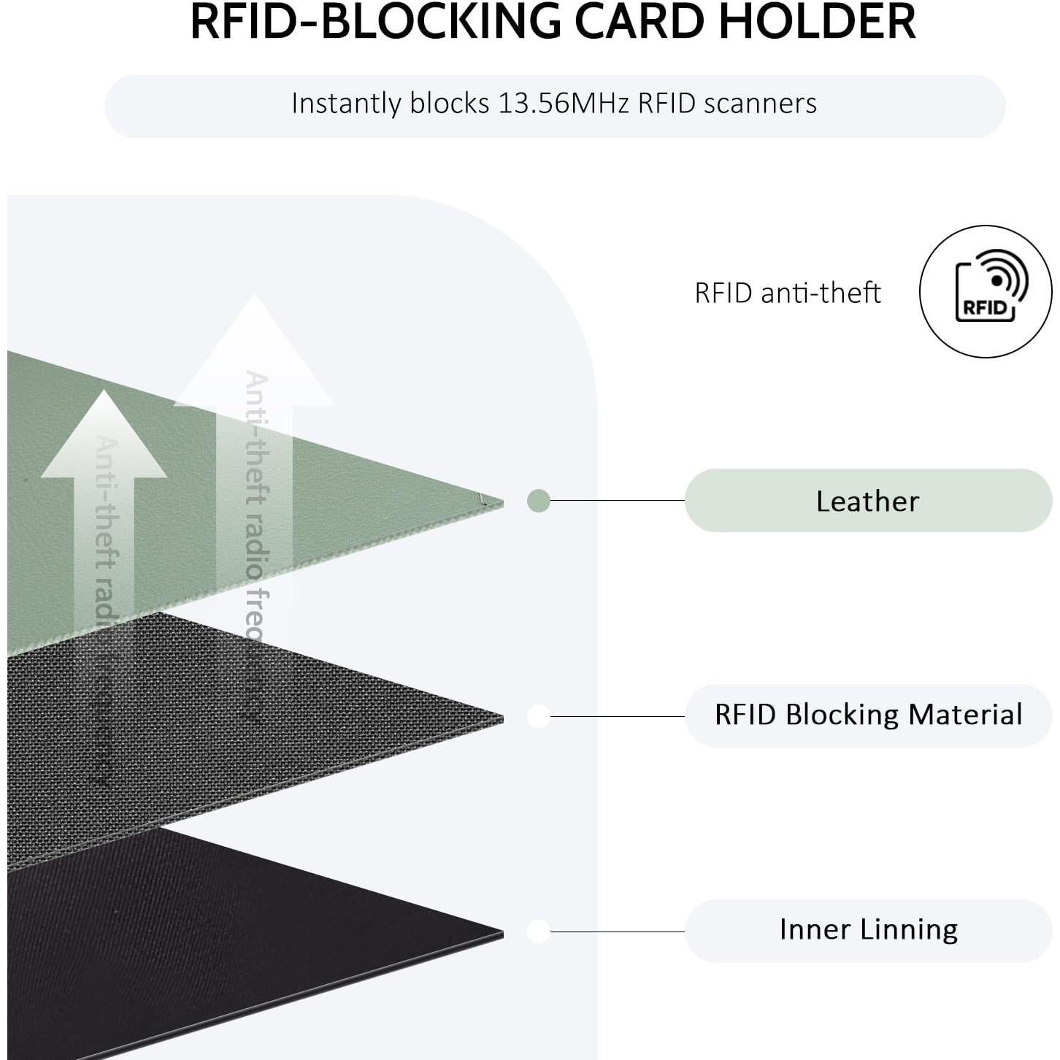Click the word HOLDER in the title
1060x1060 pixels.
pyautogui.click(x=817, y=22)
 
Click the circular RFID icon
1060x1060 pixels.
pyautogui.click(x=985, y=292)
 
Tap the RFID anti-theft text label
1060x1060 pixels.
pyautogui.click(x=787, y=293)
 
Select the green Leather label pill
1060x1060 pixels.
pyautogui.click(x=867, y=501)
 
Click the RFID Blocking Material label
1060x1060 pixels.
pyautogui.click(x=867, y=715)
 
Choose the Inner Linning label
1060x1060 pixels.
pyautogui.click(x=867, y=930)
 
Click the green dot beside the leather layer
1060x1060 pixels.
pyautogui.click(x=538, y=501)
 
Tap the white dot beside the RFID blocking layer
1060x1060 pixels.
pyautogui.click(x=538, y=716)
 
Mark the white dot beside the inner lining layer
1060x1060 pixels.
pyautogui.click(x=538, y=932)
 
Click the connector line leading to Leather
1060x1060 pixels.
pyautogui.click(x=617, y=501)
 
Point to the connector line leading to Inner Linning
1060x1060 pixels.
pyautogui.click(x=617, y=932)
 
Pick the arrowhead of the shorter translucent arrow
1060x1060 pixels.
pyautogui.click(x=104, y=438)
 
